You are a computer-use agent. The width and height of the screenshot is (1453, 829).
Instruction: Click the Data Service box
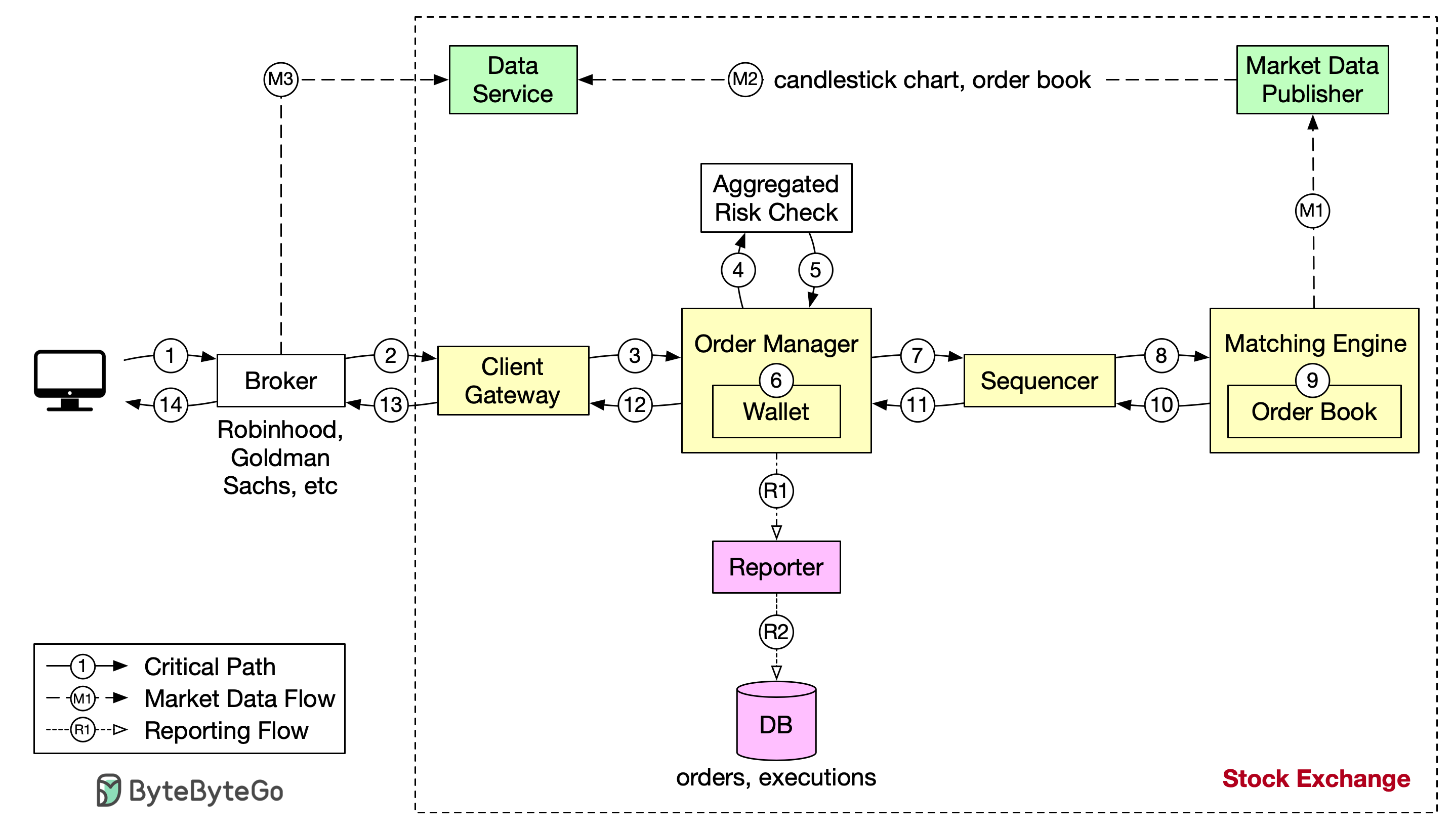point(513,80)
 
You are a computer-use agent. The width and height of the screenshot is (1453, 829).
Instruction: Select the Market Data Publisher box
point(1312,80)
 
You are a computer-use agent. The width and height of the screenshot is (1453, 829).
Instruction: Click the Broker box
point(281,381)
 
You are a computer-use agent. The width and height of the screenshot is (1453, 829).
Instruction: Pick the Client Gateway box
point(513,381)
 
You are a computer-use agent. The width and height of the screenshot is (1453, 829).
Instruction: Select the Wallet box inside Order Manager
point(776,411)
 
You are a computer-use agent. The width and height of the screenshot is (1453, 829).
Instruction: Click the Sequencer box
point(1039,381)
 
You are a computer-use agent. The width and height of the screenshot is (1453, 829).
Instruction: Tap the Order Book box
point(1314,411)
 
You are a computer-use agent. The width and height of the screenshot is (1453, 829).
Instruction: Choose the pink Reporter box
point(776,567)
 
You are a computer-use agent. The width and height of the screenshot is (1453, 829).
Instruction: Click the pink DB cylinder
point(776,721)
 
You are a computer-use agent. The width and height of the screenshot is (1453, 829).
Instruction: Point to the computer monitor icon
point(69,381)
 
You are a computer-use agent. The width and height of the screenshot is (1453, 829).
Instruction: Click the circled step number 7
point(917,356)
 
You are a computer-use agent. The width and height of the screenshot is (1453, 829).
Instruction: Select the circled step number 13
point(391,405)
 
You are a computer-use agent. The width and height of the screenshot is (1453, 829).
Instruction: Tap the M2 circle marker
point(745,80)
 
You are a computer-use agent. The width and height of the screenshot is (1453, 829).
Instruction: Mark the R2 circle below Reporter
point(776,632)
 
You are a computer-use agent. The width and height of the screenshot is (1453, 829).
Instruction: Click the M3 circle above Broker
point(281,80)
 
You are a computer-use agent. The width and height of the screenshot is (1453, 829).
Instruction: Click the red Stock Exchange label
point(1316,778)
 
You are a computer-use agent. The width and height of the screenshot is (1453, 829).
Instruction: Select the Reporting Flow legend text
point(226,730)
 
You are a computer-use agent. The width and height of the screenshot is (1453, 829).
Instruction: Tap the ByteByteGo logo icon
point(108,791)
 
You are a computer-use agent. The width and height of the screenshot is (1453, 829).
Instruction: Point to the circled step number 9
point(1312,381)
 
